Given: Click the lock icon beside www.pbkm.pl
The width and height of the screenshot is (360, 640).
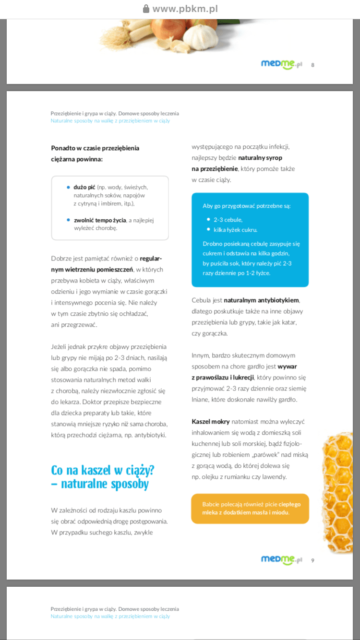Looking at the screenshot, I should coord(146,9).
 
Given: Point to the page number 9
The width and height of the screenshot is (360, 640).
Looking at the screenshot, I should coord(313,560).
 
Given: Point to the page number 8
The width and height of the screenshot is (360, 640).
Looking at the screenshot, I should coord(313,65).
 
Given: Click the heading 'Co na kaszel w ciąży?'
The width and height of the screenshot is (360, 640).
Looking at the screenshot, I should coord(103,470).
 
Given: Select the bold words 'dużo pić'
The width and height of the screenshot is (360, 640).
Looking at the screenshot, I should coord(84,187).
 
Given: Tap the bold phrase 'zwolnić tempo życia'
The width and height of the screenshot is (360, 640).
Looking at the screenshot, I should coord(100,220).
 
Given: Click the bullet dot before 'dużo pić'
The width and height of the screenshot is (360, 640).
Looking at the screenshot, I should coord(69,187).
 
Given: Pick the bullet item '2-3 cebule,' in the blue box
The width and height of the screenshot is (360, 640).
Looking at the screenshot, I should coord(228,219).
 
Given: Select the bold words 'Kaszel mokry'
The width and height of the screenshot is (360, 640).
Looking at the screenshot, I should coord(211,422).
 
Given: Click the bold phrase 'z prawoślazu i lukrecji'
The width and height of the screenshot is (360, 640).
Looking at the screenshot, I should coord(223,378).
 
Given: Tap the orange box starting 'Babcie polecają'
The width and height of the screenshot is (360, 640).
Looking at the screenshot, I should coord(250,508).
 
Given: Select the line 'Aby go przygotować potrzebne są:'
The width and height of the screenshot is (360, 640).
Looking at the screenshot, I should coord(247,206).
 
